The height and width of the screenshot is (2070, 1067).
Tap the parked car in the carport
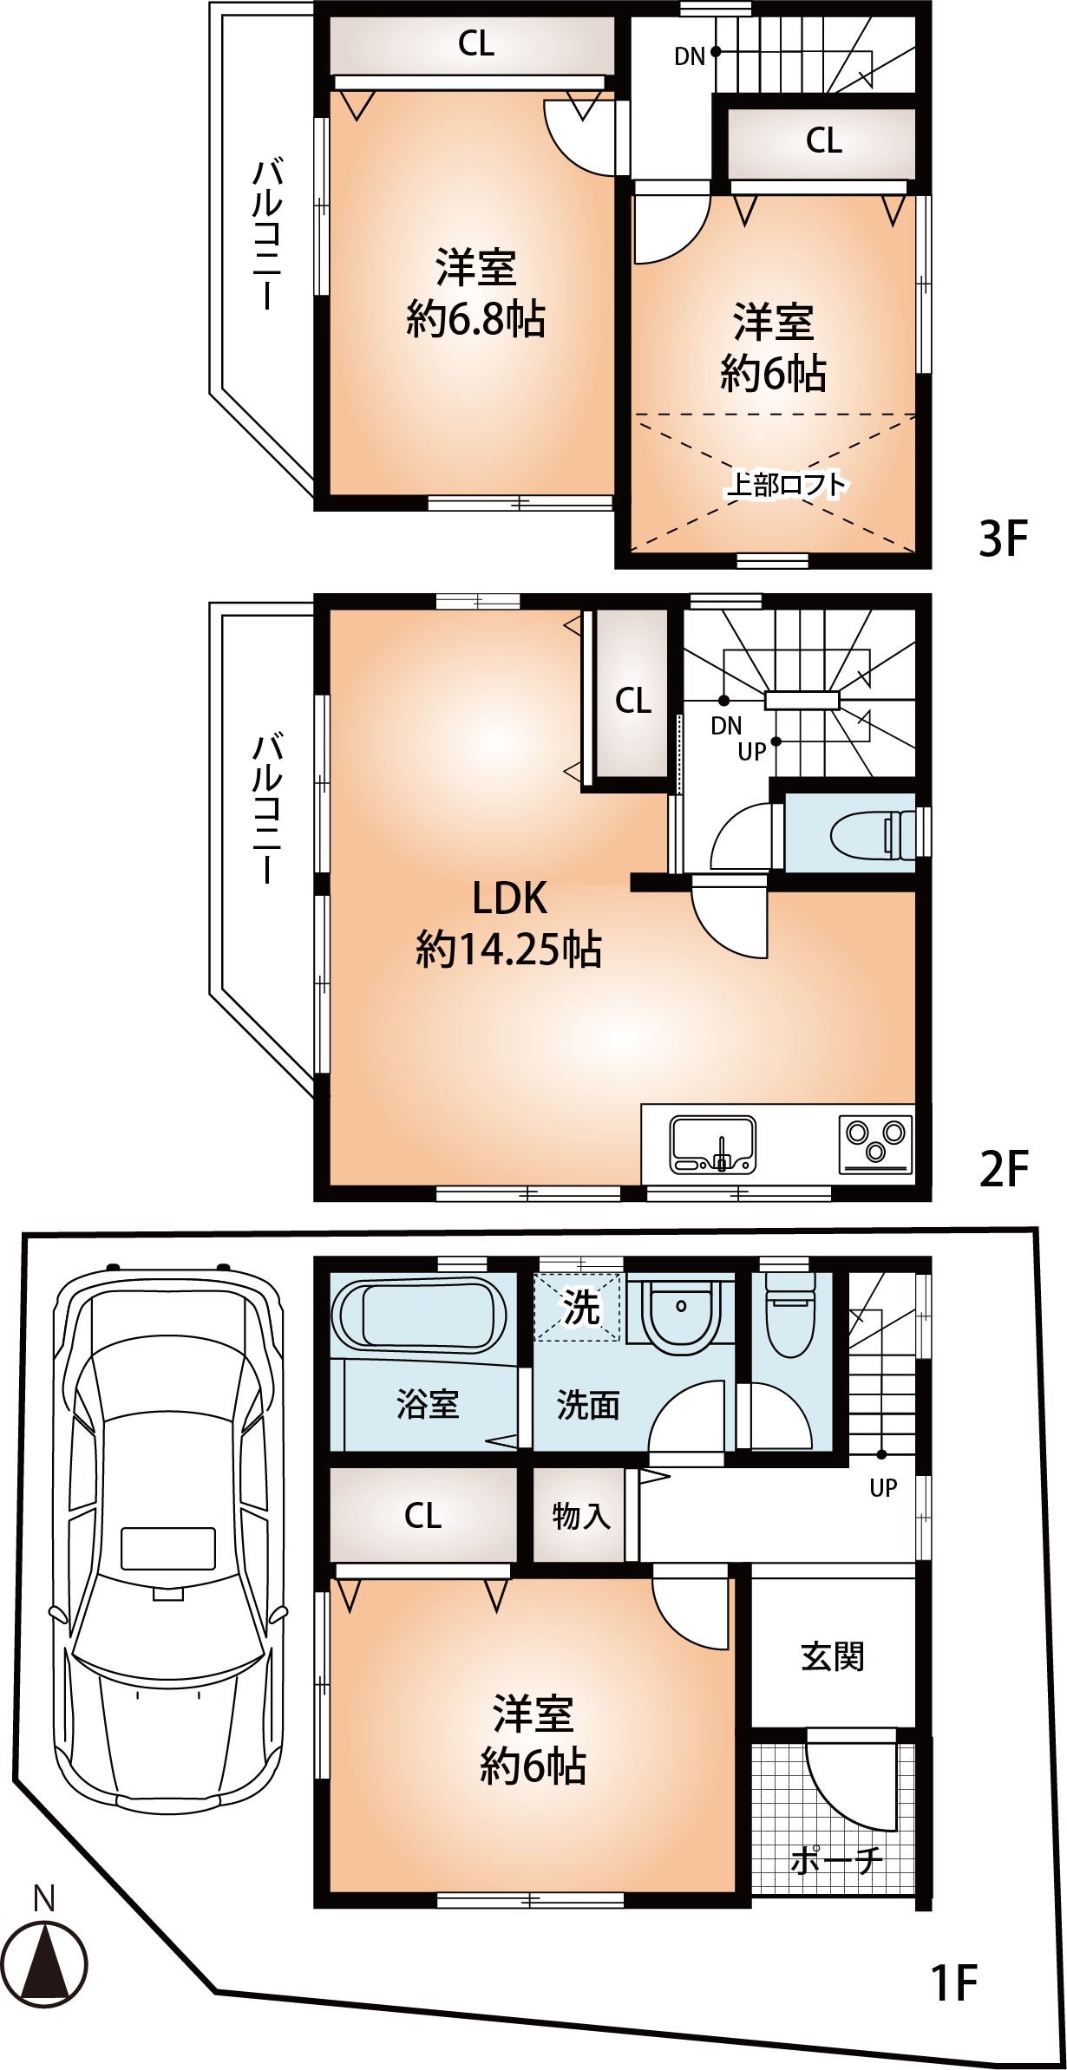click(x=168, y=1536)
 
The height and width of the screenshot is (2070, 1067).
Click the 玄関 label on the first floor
click(x=832, y=1656)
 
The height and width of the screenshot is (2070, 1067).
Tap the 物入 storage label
click(x=581, y=1516)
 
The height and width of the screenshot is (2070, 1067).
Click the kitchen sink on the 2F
click(x=713, y=1145)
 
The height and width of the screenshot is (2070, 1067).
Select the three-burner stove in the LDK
click(x=875, y=1143)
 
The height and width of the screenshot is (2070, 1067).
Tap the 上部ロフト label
click(x=786, y=484)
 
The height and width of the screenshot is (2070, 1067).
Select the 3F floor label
click(x=1003, y=539)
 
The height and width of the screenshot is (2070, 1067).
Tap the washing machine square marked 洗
click(x=579, y=1306)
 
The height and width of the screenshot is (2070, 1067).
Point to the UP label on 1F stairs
click(x=883, y=1488)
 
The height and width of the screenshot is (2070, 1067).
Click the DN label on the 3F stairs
click(x=690, y=57)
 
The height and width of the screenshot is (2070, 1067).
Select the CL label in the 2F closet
click(x=633, y=700)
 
